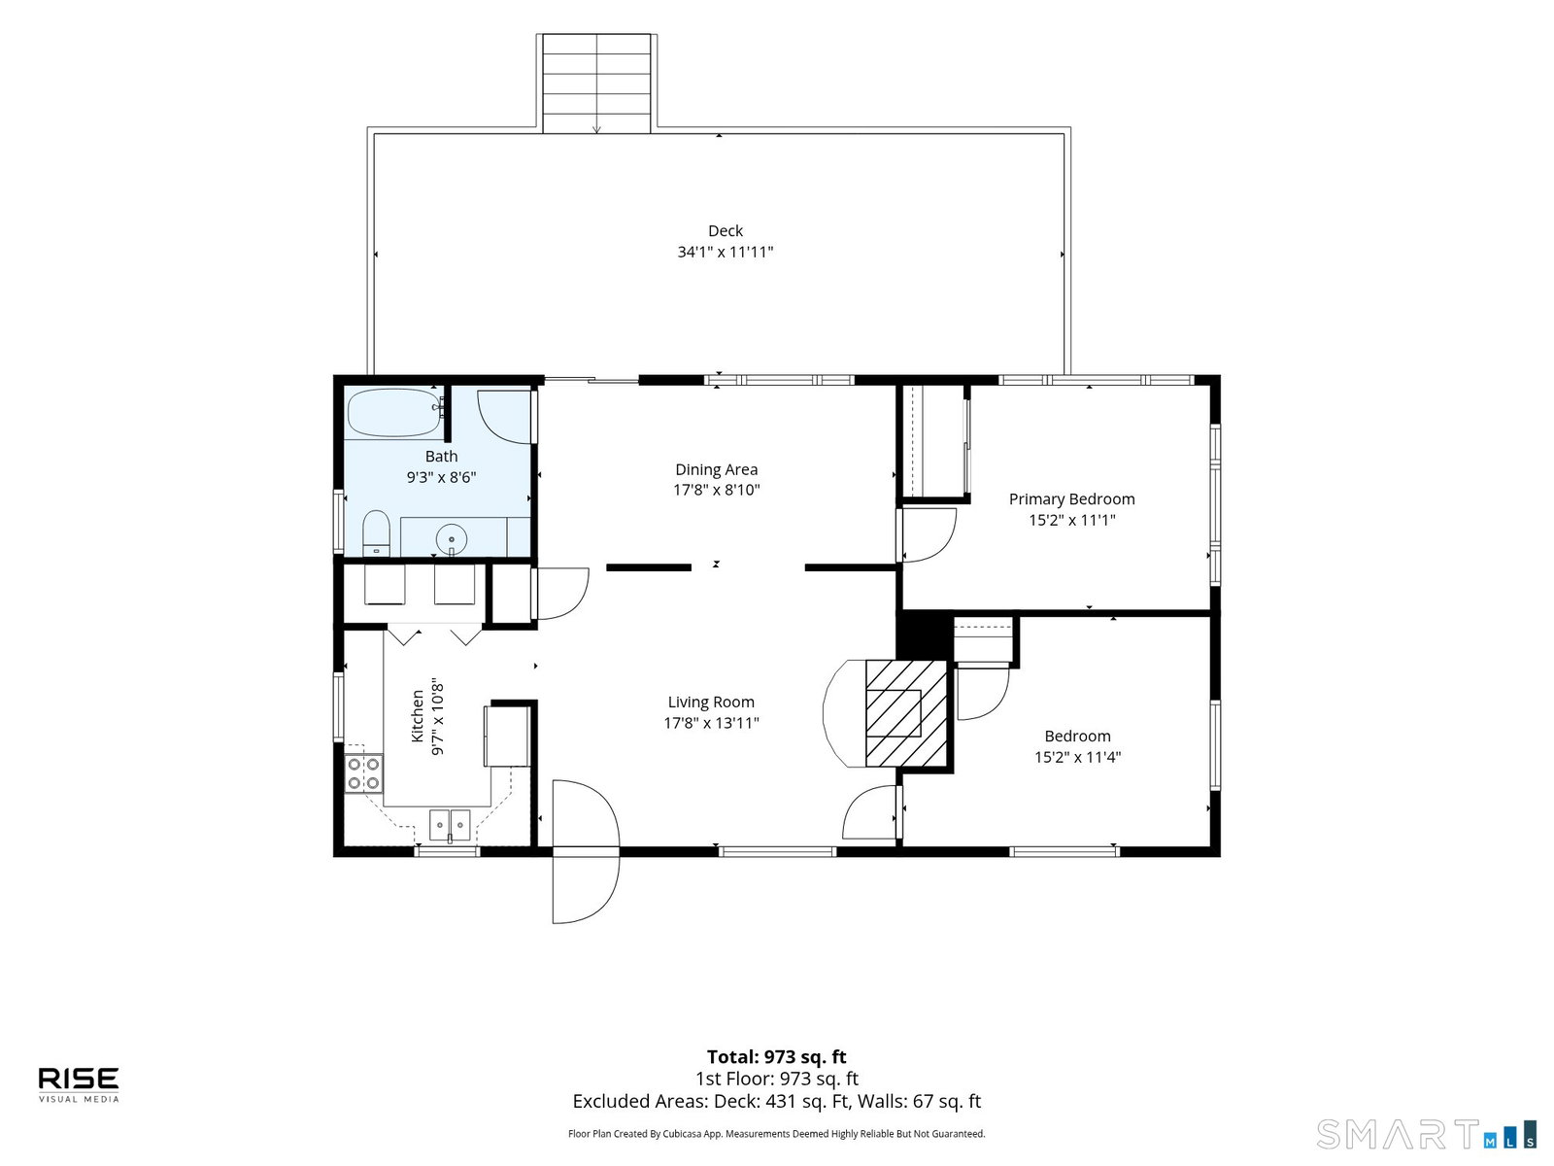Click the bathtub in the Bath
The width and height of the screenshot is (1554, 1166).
point(394,413)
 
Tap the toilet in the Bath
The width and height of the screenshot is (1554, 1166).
point(376,533)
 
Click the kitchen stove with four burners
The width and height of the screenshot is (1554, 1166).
point(363,773)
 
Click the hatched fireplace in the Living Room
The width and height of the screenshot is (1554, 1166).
point(906,713)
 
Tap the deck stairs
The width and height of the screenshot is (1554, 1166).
point(596,84)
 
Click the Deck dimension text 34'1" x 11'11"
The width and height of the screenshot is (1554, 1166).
point(725,252)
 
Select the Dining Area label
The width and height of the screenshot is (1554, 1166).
point(716,469)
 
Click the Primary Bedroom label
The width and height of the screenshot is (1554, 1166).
point(1071,499)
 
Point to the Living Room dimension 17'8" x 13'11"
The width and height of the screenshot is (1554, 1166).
point(711,723)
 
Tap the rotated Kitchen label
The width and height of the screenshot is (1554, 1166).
point(418,716)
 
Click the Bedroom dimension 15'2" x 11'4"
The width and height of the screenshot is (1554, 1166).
point(1077,757)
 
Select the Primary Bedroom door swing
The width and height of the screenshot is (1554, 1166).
point(929,535)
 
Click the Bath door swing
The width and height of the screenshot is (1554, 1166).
point(504,417)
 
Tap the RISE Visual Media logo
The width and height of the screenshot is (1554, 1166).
point(79,1084)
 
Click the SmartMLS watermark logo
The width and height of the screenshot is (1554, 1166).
point(1426,1134)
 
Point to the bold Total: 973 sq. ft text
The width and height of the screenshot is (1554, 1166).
point(777,1056)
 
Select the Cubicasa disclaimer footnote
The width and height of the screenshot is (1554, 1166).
point(777,1133)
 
